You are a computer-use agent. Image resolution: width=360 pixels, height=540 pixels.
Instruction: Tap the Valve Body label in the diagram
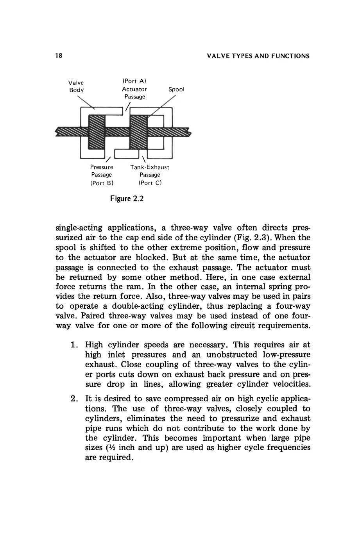(76, 86)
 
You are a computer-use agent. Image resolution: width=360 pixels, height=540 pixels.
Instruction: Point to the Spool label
(176, 89)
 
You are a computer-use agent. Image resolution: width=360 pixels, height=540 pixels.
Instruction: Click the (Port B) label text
(101, 182)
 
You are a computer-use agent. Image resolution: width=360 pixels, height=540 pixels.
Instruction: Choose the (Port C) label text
(150, 182)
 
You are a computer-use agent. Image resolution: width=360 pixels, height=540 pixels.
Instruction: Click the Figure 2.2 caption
(127, 198)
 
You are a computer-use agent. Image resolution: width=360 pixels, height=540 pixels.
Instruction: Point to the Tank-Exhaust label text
(150, 167)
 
